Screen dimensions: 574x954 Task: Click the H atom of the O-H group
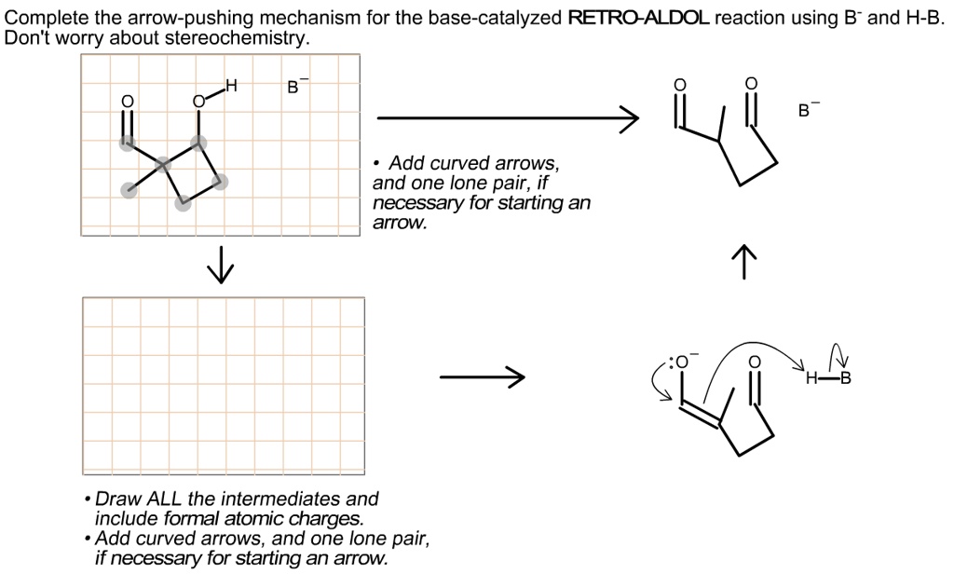231,87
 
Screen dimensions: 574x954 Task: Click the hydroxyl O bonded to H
198,101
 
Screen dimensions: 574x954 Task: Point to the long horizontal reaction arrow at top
508,119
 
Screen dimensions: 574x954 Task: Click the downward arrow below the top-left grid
221,266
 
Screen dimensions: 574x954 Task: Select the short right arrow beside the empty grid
482,378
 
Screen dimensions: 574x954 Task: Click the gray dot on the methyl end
127,190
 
